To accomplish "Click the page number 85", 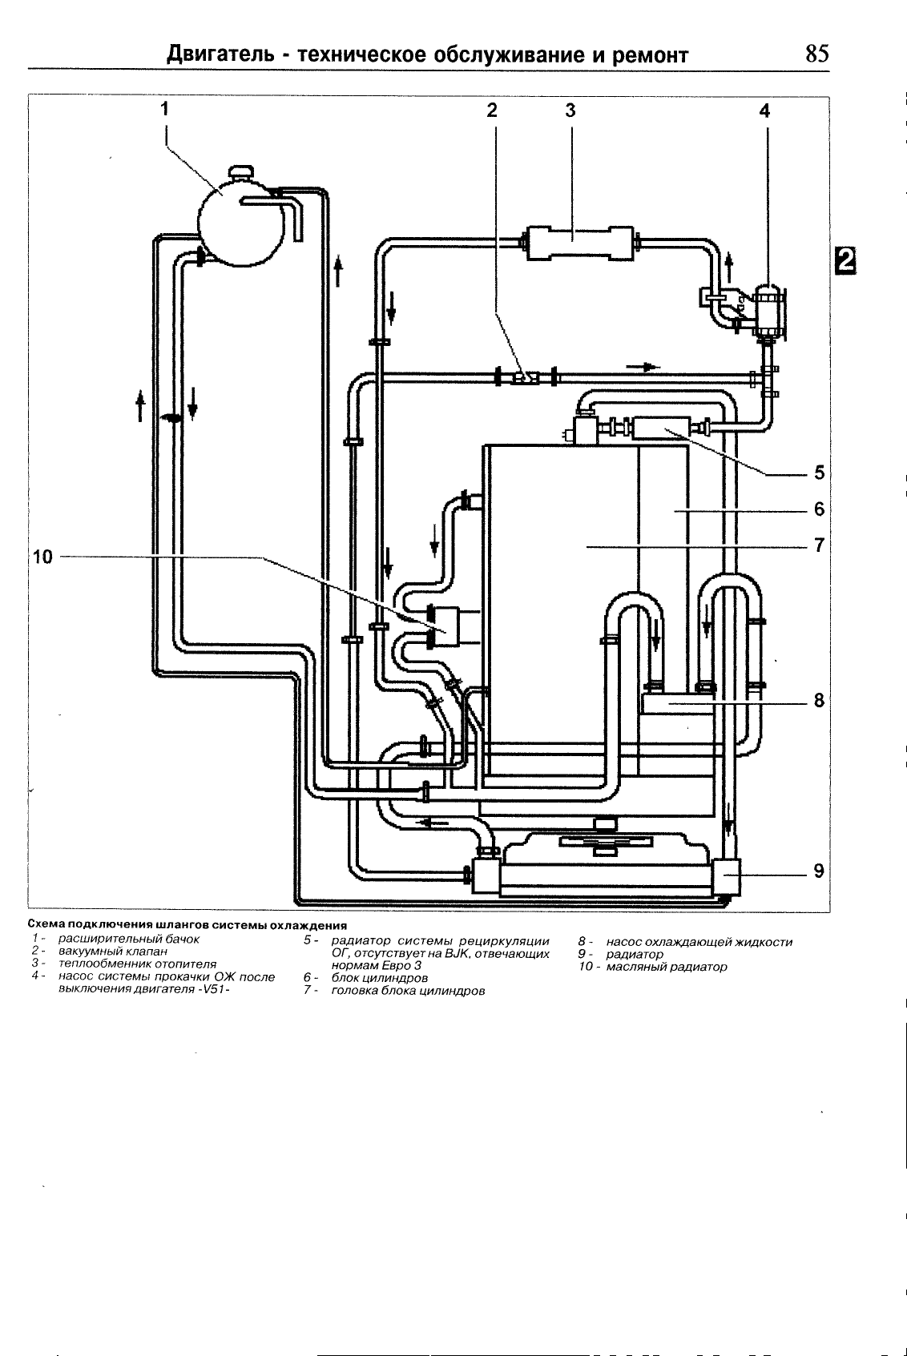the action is coord(816,54).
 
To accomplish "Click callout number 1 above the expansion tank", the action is coord(164,109).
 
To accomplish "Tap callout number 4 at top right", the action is coord(764,111).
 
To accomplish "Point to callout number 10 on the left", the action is coord(42,557).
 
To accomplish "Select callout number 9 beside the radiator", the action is coord(819,871).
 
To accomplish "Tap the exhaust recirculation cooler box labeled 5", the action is coord(660,428).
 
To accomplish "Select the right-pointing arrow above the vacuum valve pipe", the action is coord(643,367).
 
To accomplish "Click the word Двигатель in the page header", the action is coord(219,55).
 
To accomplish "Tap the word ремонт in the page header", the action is coord(651,56).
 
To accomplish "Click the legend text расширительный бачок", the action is coord(128,939).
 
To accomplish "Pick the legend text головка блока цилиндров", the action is coord(408,991).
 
